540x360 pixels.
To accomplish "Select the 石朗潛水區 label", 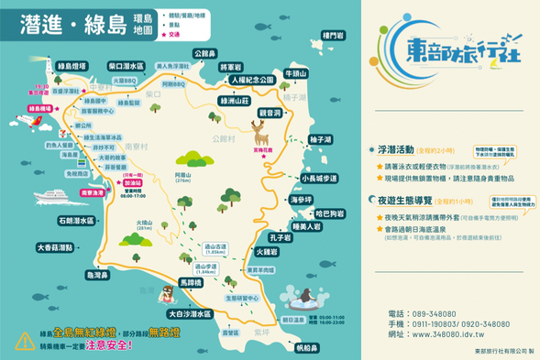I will point(76,221).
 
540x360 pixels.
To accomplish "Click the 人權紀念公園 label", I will point(252,81).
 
